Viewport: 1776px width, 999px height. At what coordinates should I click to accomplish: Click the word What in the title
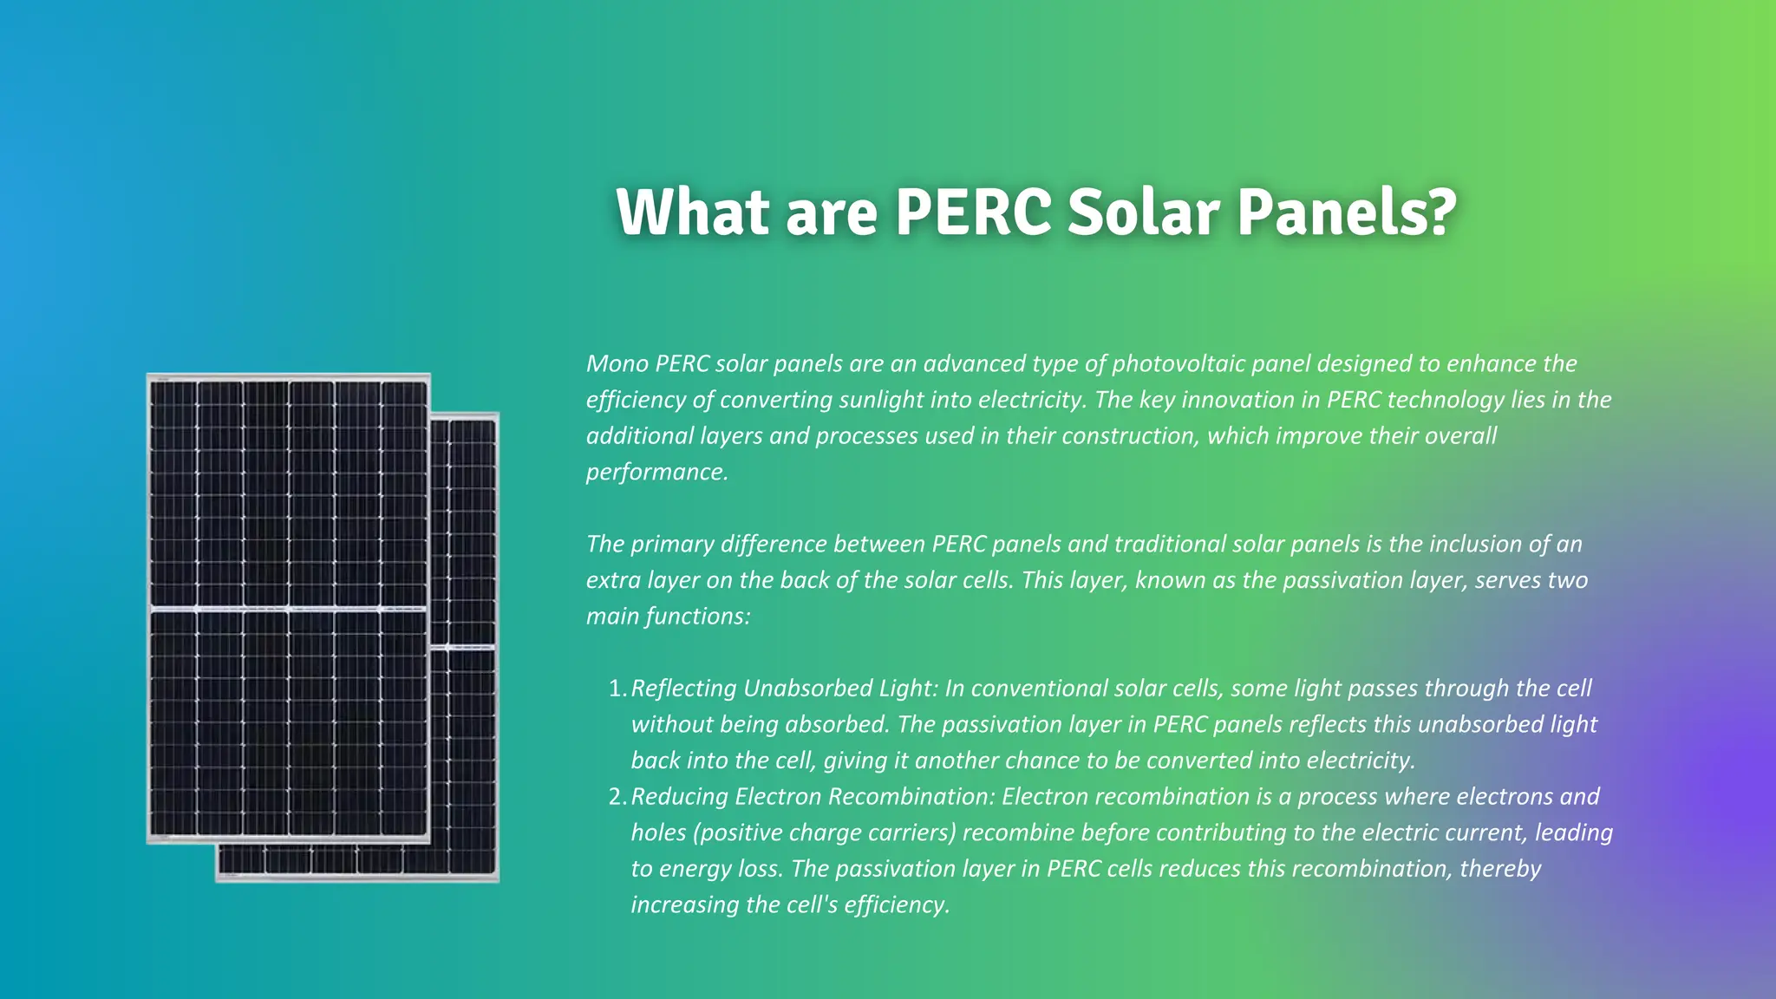[692, 212]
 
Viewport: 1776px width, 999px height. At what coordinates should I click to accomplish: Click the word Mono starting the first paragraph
[617, 363]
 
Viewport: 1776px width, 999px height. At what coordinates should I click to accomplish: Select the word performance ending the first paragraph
[656, 472]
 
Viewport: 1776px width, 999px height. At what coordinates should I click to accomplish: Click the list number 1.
[617, 689]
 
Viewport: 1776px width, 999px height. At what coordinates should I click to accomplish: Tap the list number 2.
[617, 797]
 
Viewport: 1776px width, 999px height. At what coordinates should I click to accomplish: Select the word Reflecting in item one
[682, 689]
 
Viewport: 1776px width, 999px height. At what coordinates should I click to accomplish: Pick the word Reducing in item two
[679, 797]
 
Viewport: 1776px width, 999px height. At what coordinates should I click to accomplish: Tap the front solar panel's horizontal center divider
[288, 608]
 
